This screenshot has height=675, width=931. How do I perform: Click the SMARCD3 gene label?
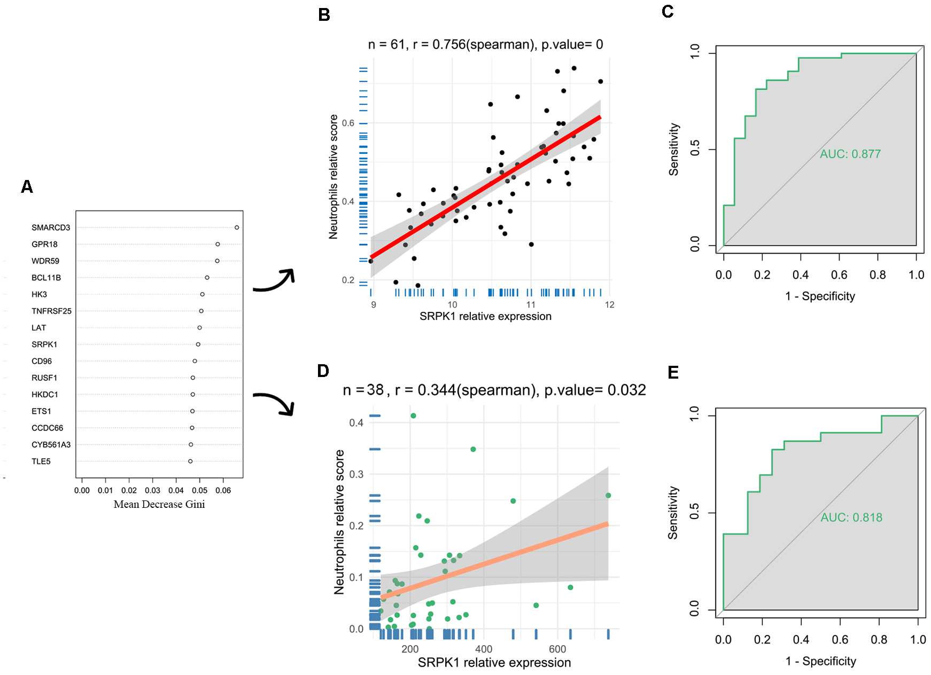coord(51,227)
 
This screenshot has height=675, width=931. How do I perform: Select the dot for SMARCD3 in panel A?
coord(237,227)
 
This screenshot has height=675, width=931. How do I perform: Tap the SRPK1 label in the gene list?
coord(44,344)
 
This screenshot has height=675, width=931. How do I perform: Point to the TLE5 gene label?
coord(41,461)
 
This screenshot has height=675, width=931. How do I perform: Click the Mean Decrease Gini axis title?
coord(159,505)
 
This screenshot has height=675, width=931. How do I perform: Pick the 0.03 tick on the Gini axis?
coord(152,490)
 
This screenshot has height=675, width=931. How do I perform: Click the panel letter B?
coord(324,15)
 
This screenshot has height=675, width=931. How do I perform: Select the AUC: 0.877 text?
coord(850,154)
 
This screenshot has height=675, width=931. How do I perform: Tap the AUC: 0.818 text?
coord(851,517)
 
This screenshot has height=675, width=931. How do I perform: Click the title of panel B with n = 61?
coord(485,44)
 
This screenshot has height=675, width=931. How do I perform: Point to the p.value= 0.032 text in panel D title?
coord(595,390)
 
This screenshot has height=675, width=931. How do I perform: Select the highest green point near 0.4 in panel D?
coord(413,415)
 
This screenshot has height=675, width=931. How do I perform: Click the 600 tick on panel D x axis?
coord(557,649)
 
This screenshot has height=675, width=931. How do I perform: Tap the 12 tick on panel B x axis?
coord(609,304)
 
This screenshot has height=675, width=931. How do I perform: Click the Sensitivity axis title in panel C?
coord(674,150)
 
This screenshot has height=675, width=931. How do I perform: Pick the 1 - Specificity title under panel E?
coord(820,661)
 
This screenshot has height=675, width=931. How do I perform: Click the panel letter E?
coord(673,372)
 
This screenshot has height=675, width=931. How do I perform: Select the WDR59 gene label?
coord(45,261)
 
